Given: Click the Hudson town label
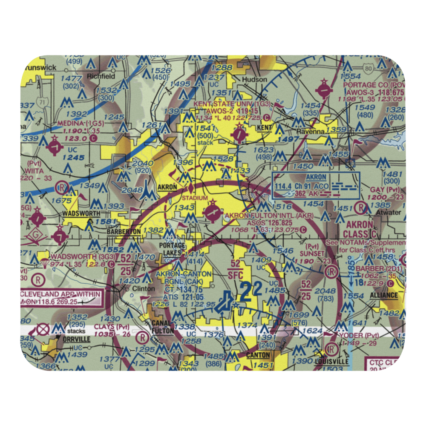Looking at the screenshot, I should [x=254, y=80].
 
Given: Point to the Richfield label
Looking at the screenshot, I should [x=101, y=76].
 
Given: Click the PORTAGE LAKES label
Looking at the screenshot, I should [x=173, y=249].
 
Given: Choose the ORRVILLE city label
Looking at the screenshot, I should [x=76, y=340].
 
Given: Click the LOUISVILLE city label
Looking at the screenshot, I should [x=332, y=362].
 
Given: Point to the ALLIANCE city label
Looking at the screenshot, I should [x=383, y=295].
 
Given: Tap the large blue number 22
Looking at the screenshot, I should [x=250, y=293].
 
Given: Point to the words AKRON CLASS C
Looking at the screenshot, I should [x=359, y=230].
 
